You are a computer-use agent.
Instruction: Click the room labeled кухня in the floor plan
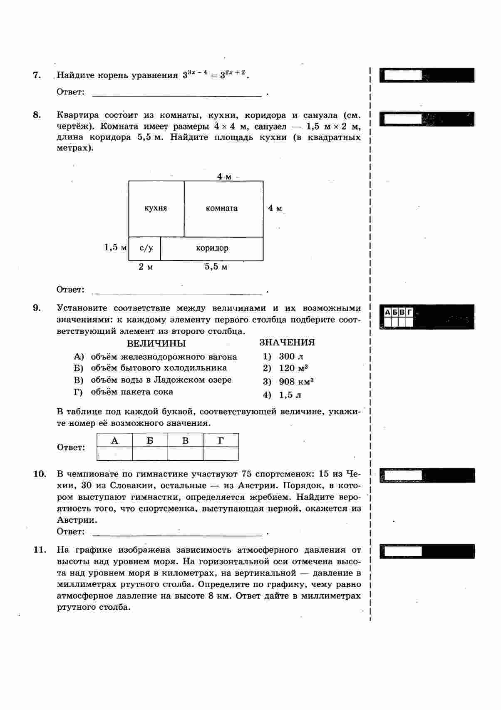point(156,209)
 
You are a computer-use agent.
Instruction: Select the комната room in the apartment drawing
point(222,209)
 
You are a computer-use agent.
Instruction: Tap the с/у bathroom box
point(146,248)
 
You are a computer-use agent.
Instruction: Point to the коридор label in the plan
point(212,248)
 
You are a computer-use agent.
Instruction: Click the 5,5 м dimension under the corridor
point(216,267)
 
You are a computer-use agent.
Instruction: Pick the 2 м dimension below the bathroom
point(146,267)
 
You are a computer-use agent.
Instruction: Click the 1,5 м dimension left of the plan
point(115,248)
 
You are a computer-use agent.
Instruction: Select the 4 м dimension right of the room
point(275,208)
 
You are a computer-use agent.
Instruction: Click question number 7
point(37,75)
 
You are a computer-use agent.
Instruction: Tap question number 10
point(39,474)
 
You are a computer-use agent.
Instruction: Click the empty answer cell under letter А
point(114,454)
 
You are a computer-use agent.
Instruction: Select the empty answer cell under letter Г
point(221,454)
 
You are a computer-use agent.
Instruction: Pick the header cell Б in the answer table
point(150,441)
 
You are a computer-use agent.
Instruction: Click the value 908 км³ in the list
point(296,382)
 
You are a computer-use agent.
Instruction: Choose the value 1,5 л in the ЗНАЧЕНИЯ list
point(290,395)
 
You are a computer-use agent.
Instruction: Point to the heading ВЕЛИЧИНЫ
point(156,344)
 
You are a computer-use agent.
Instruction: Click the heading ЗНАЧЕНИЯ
point(287,343)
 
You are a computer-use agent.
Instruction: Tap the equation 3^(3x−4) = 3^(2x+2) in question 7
point(216,75)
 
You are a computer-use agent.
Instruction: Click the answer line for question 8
point(177,290)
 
